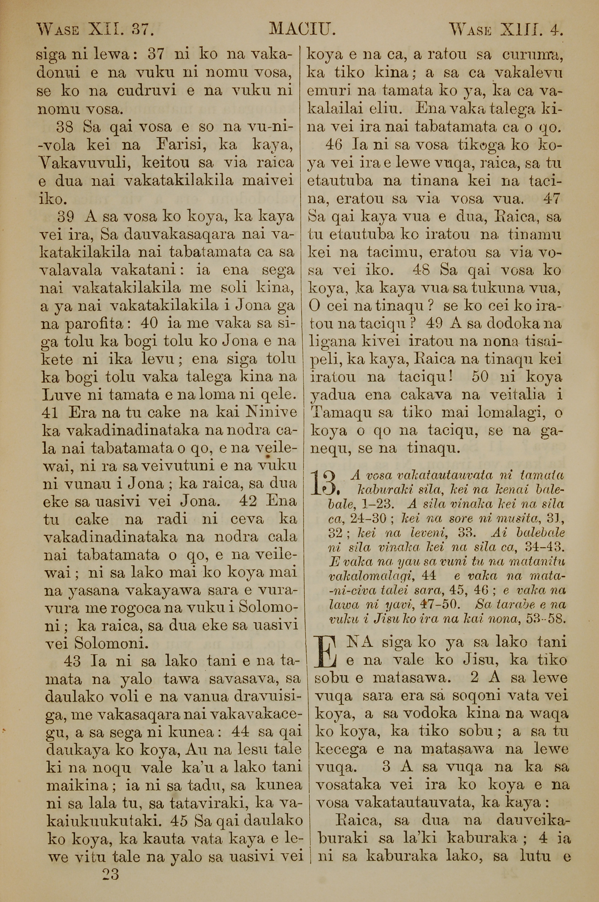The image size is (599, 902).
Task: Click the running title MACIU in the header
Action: [302, 29]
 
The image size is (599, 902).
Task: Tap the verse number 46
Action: [335, 145]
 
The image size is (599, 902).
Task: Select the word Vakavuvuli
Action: [85, 164]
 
